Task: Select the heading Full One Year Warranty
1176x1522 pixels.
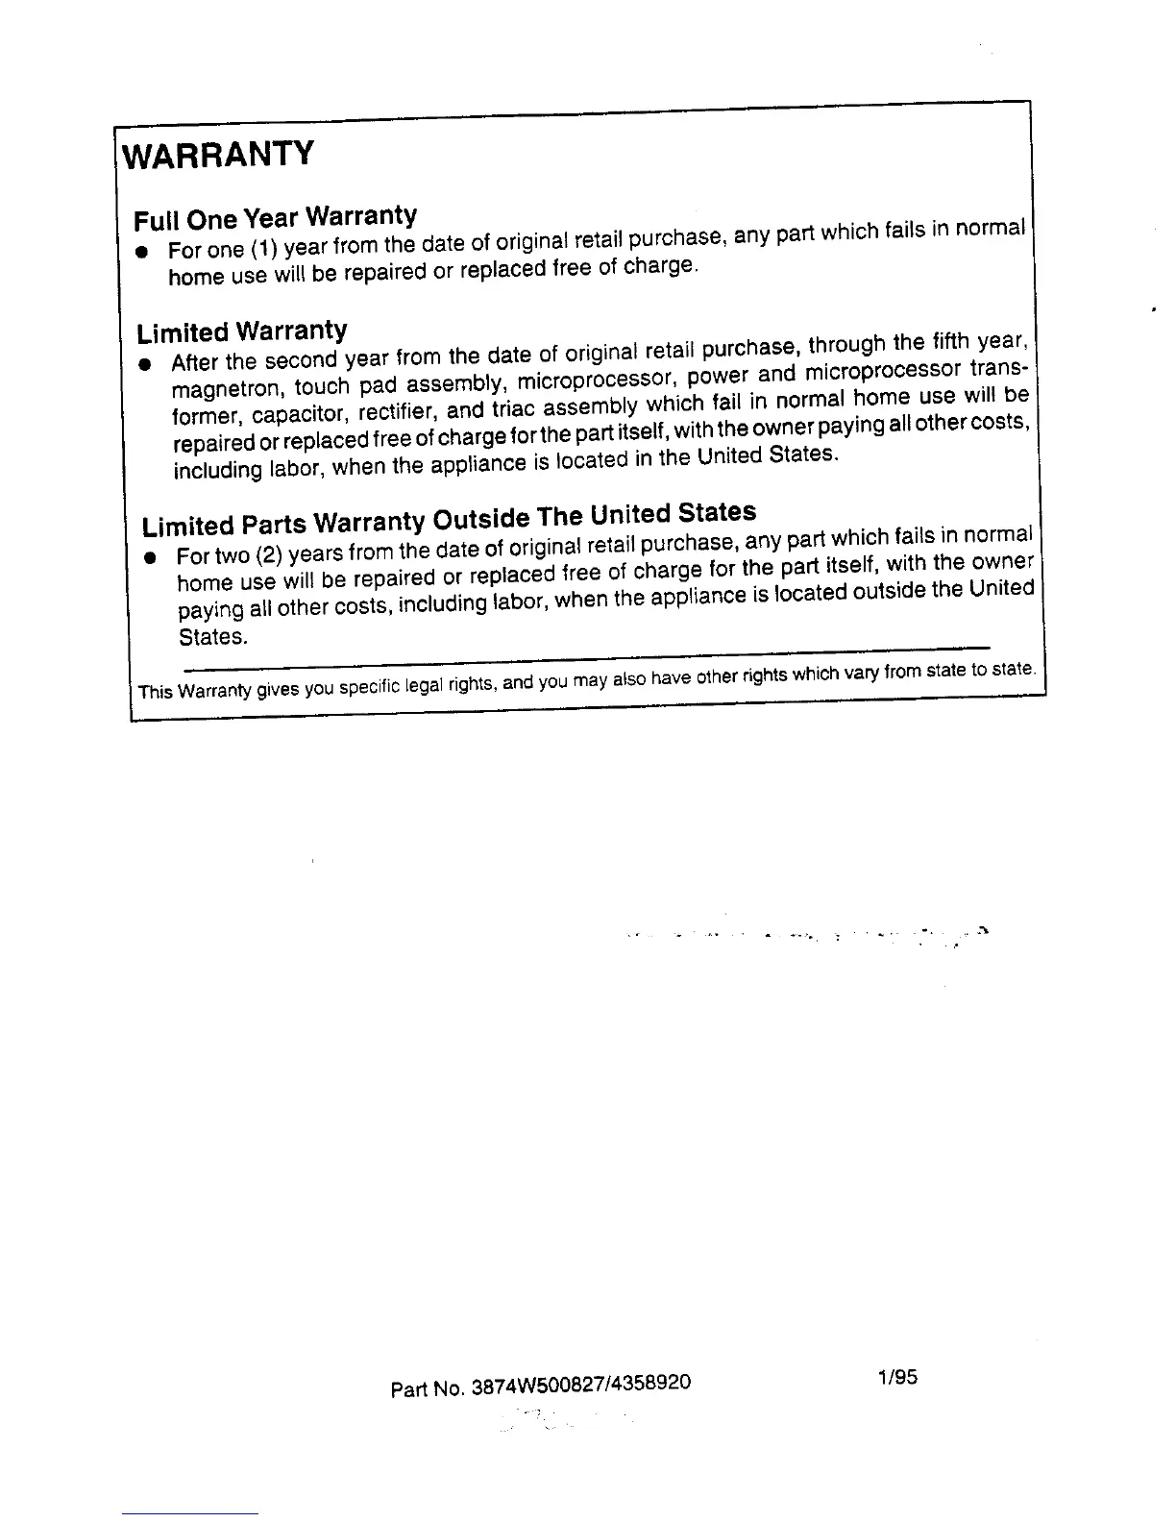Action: (x=276, y=216)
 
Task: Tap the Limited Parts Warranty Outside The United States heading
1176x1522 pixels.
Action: (x=449, y=519)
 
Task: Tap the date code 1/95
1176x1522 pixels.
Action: (x=897, y=1377)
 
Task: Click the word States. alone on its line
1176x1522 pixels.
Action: (x=212, y=636)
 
